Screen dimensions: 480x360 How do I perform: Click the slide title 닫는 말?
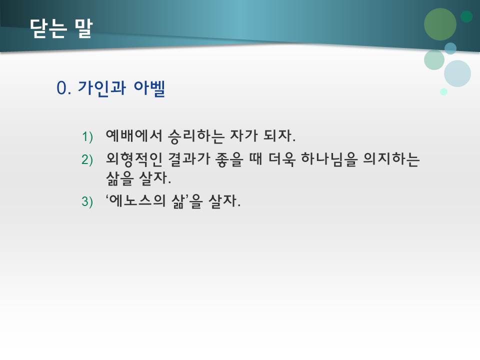coord(61,28)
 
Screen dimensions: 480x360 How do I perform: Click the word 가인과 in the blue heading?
coord(101,88)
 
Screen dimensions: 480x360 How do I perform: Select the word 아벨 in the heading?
coord(149,88)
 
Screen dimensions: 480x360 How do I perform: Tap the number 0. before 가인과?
coord(63,88)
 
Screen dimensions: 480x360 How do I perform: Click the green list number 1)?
coord(87,136)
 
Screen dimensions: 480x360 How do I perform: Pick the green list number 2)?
coord(87,160)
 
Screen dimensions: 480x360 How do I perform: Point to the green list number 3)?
coord(87,201)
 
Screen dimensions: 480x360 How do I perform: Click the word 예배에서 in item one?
coord(134,135)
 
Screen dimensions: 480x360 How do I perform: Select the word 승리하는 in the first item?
coord(196,136)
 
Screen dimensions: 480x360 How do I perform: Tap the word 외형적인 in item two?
coord(134,159)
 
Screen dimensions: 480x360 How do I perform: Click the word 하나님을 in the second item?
coord(329,159)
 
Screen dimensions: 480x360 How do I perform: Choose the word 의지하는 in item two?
coord(391,159)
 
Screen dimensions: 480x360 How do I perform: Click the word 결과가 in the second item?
coord(189,159)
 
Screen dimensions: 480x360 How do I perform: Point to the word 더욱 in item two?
coord(282,159)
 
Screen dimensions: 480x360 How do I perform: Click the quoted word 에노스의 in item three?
coord(136,201)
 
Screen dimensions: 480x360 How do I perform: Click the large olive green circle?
coord(440,24)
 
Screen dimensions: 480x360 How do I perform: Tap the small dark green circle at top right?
coord(466,16)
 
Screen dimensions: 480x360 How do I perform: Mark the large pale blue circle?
coord(457,73)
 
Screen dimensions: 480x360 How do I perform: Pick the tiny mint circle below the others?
coord(443,91)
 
